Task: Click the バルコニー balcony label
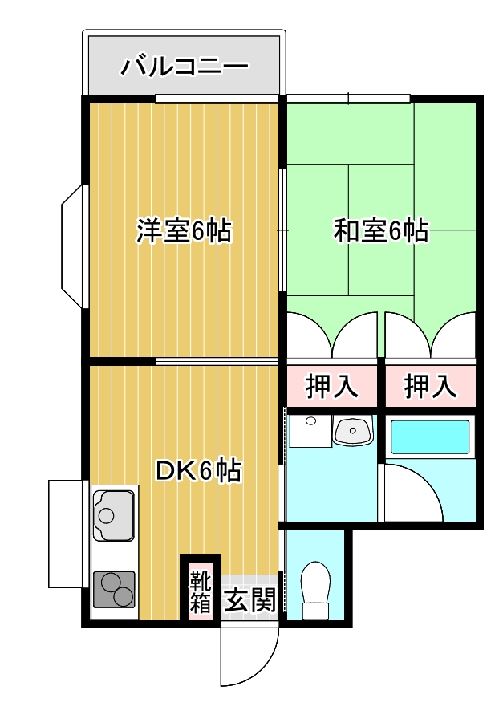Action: tap(185, 67)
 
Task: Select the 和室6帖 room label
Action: tap(381, 230)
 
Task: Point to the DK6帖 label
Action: tap(198, 470)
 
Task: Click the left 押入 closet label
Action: tap(331, 386)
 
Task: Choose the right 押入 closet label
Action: tap(431, 386)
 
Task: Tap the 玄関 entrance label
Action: tap(250, 599)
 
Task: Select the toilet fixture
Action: tap(316, 591)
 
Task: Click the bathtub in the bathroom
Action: tap(430, 437)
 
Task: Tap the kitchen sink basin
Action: tap(114, 515)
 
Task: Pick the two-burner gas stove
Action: tap(114, 589)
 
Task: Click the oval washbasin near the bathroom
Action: tap(353, 431)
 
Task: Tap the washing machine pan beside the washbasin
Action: tap(310, 431)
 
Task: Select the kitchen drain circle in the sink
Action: tap(107, 516)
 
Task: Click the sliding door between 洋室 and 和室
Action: tap(282, 230)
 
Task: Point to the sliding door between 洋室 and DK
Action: tap(217, 361)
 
